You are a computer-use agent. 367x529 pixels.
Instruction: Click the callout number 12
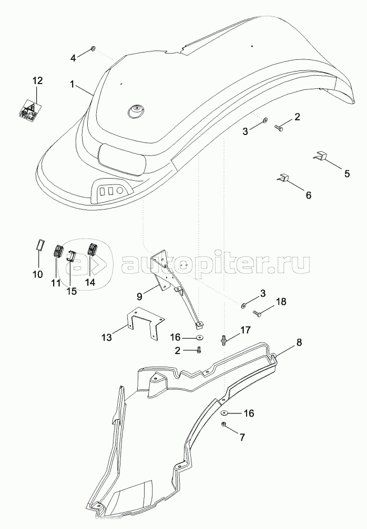coord(37,81)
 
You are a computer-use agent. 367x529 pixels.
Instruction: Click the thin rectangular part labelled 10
coord(39,244)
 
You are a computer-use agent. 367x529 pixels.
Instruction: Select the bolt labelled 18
coord(257,314)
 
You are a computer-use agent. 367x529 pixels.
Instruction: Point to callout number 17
coord(246,330)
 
